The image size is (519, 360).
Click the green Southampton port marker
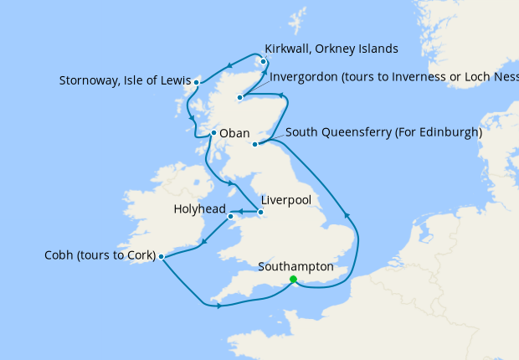[x=293, y=280]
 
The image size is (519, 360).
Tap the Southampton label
[x=296, y=267]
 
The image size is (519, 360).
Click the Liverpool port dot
[x=261, y=213]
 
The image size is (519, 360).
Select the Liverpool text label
[x=286, y=201]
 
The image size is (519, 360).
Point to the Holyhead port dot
[x=231, y=217]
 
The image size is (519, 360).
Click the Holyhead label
[x=200, y=208]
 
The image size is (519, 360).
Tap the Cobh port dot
[x=161, y=257]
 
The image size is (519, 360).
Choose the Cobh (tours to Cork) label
[x=100, y=255]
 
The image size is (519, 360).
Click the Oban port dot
[x=214, y=132]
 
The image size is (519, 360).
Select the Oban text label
[x=235, y=132]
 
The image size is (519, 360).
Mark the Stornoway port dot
[x=196, y=82]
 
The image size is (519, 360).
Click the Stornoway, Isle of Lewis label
[x=125, y=81]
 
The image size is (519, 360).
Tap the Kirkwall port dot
[x=264, y=61]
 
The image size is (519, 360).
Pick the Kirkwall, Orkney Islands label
[x=331, y=48]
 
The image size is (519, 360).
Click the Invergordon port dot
[x=240, y=98]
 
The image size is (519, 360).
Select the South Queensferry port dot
[x=255, y=144]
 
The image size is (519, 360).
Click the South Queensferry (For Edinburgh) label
[x=383, y=132]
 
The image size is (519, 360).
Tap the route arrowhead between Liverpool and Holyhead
[x=240, y=213]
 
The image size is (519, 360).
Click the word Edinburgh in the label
[x=450, y=132]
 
